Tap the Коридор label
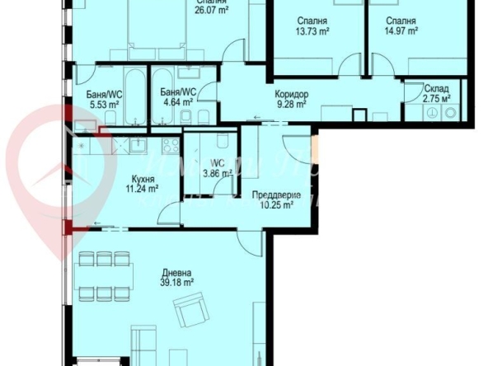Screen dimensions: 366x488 291,95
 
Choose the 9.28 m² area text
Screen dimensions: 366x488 291,105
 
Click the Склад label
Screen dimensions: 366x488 436,88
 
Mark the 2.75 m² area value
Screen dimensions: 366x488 436,98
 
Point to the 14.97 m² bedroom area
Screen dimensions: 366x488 401,30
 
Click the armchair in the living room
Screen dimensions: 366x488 193,314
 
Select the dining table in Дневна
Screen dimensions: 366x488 106,277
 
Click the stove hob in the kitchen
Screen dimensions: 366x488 171,145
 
